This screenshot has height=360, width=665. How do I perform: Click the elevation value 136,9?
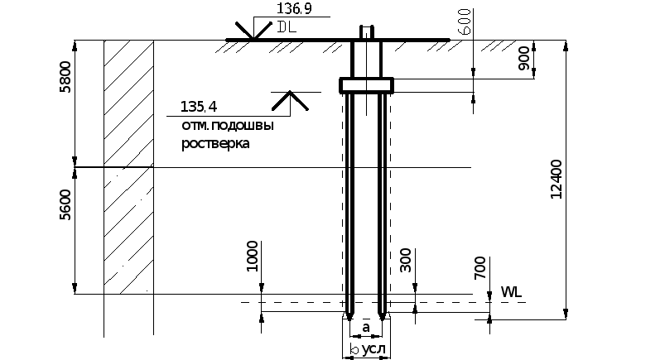click(294, 8)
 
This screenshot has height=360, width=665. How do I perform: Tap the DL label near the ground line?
click(287, 26)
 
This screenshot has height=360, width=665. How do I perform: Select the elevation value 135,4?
click(199, 107)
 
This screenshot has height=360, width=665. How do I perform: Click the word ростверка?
click(215, 143)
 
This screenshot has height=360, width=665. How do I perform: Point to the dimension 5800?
click(65, 77)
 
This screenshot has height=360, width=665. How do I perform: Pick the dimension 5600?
click(65, 204)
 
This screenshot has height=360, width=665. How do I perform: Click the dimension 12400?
click(556, 179)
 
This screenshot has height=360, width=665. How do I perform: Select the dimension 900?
click(523, 59)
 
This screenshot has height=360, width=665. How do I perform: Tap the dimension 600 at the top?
click(465, 22)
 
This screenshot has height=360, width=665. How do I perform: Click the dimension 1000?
click(253, 256)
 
